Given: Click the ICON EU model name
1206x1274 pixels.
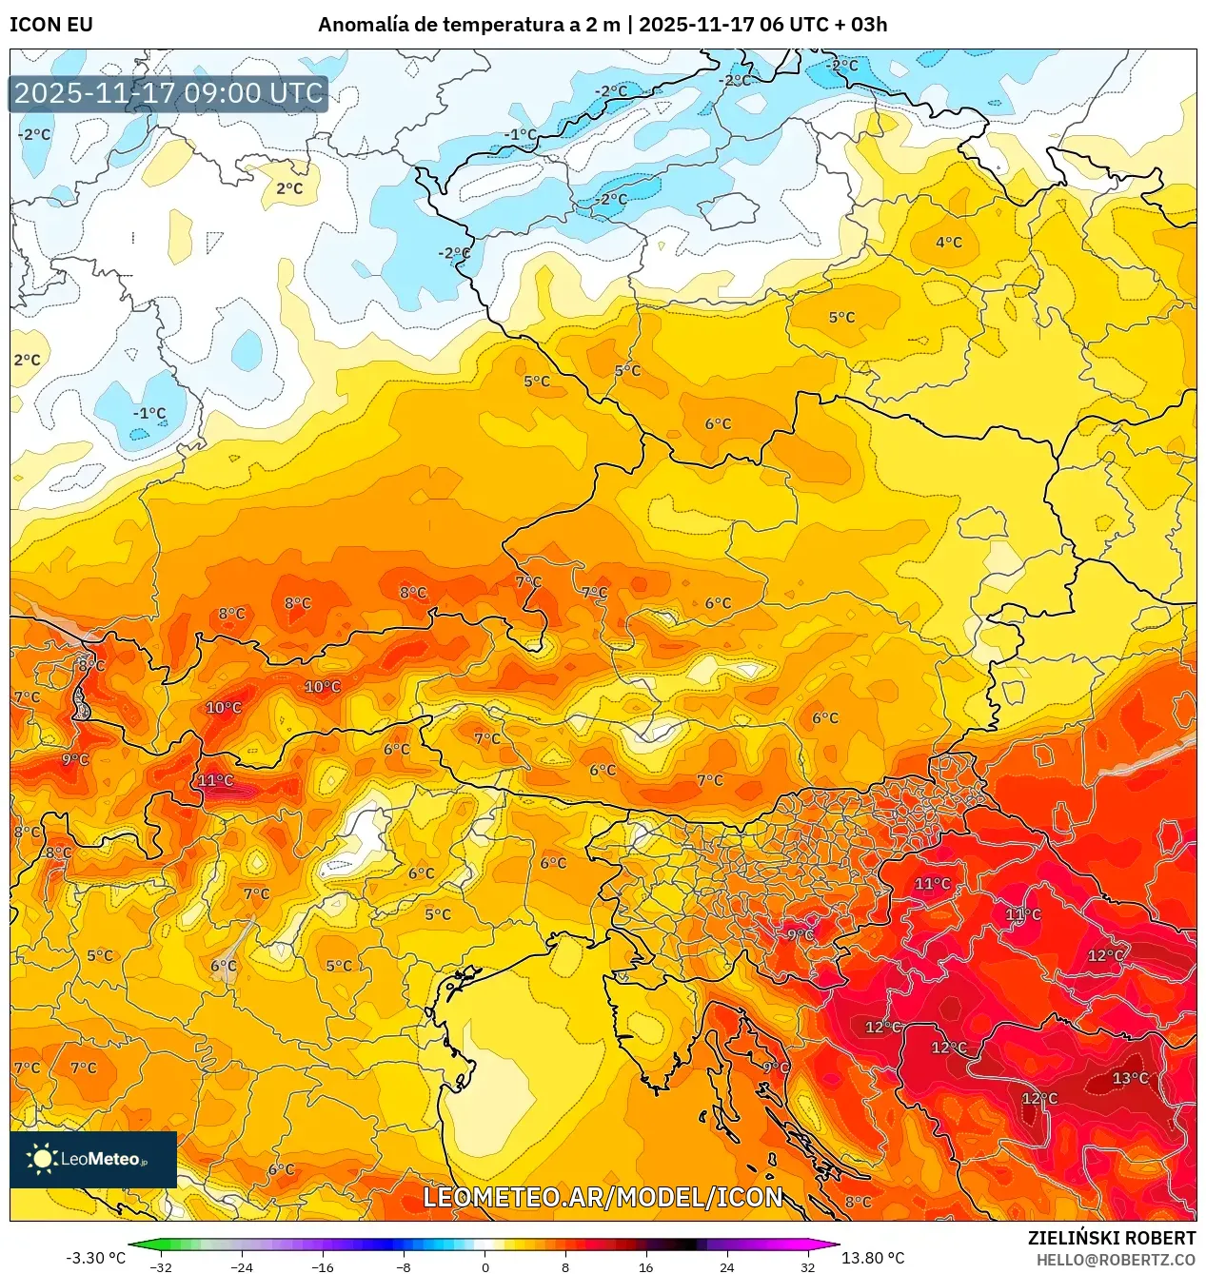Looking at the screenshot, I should click(x=51, y=25).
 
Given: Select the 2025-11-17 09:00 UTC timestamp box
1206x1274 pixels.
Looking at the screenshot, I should click(x=168, y=93).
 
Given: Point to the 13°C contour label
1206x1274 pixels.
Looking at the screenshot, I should click(x=1130, y=1078).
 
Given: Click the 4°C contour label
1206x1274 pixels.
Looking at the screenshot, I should click(x=948, y=242).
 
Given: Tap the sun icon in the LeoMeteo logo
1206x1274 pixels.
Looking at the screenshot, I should click(x=42, y=1159).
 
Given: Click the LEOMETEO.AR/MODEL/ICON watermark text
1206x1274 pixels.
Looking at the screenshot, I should click(x=603, y=1197).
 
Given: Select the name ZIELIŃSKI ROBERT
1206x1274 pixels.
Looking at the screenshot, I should click(x=1111, y=1238).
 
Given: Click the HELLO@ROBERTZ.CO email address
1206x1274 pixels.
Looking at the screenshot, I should click(x=1116, y=1260).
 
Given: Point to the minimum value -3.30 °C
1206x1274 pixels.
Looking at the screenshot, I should click(x=95, y=1258).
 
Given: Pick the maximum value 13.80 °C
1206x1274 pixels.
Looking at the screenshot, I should click(x=873, y=1258).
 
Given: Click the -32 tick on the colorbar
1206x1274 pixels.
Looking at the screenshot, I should click(x=161, y=1267).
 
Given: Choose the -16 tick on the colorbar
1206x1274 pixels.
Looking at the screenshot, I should click(x=323, y=1267).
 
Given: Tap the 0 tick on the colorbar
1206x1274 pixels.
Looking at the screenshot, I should click(x=484, y=1267).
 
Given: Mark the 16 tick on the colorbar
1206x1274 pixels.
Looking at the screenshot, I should click(x=646, y=1267).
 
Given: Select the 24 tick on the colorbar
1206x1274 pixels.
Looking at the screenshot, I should click(x=727, y=1267).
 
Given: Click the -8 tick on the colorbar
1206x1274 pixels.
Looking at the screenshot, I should click(x=404, y=1267).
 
